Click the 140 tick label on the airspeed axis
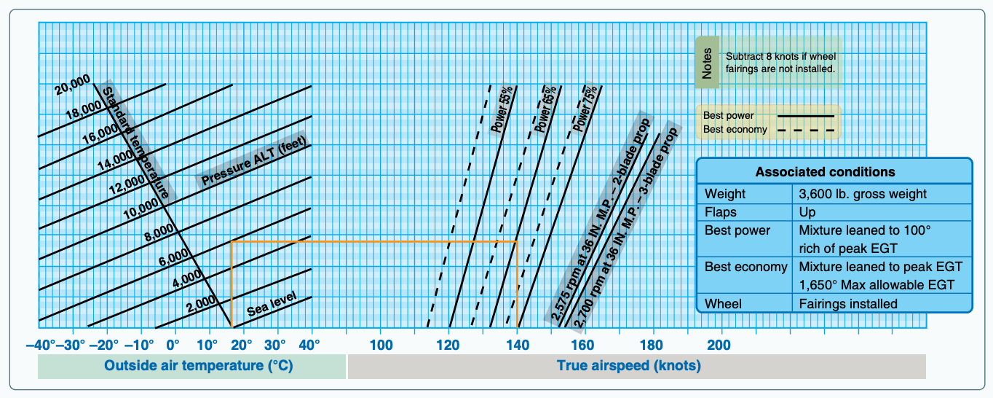518,345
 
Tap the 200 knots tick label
719,345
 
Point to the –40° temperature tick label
41,345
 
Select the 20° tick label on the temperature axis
242,345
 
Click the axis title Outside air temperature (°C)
199,366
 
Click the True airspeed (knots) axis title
628,366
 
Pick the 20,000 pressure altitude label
72,85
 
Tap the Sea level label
272,304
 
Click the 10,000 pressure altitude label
141,208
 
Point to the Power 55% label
502,109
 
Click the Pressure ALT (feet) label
253,160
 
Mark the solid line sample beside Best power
806,116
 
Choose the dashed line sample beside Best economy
806,130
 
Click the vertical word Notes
707,63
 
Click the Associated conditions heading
825,172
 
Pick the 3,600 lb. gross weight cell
863,194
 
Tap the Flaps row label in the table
721,212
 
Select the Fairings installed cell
848,304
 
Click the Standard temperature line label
136,142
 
